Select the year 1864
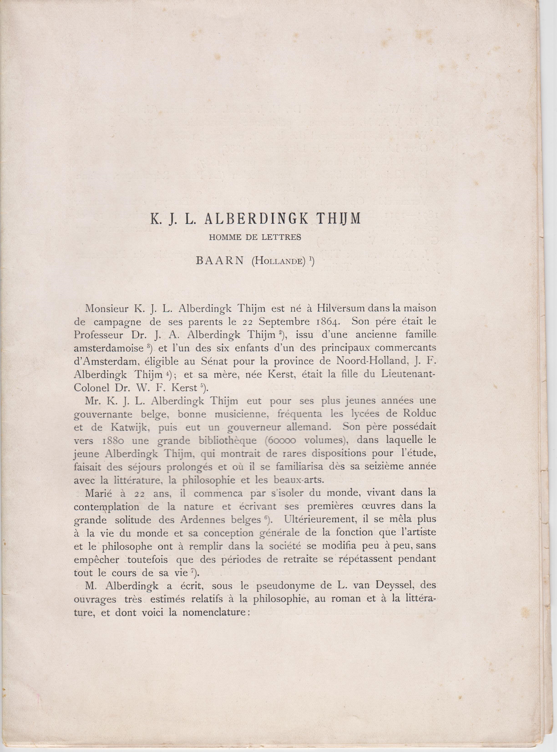(320, 321)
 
